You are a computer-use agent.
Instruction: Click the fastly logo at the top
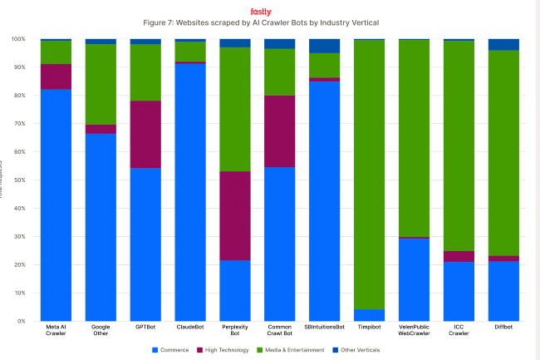[x=261, y=12]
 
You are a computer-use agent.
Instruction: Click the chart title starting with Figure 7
[x=261, y=22]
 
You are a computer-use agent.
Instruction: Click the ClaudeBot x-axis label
[x=190, y=328]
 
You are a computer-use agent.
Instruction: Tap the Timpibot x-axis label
[x=369, y=328]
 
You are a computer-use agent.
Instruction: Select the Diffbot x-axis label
[x=503, y=328]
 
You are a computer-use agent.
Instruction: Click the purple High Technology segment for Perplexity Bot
[x=234, y=216]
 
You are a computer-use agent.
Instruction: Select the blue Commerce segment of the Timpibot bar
[x=369, y=314]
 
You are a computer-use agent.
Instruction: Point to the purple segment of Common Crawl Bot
[x=279, y=131]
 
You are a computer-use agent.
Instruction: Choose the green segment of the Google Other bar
[x=101, y=84]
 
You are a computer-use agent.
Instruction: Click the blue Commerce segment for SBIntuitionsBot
[x=324, y=200]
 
